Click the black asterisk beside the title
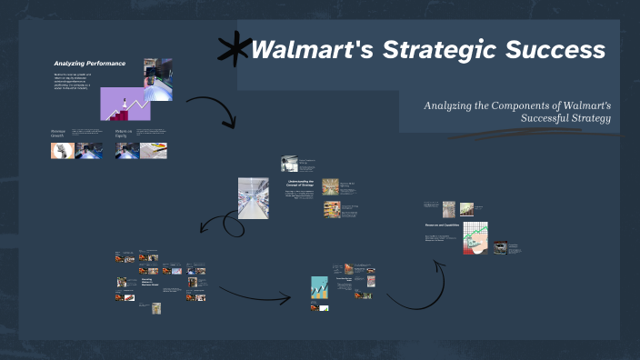pos(235,49)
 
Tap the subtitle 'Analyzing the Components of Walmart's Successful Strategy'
pos(517,112)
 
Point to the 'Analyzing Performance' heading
pos(89,64)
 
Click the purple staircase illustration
pos(125,104)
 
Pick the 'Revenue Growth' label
pos(60,134)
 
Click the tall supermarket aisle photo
pos(253,197)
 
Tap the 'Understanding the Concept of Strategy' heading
pos(301,185)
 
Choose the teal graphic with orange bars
pos(319,288)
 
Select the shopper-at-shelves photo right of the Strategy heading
pos(330,186)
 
